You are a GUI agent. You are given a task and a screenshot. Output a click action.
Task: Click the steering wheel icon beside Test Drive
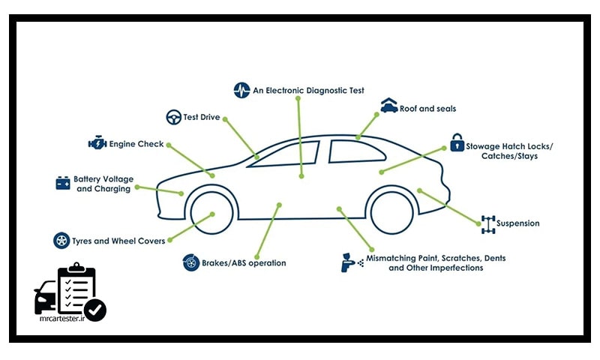173,117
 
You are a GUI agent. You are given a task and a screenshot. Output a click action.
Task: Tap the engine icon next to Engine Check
97,143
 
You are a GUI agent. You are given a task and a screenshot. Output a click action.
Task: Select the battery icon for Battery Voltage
63,183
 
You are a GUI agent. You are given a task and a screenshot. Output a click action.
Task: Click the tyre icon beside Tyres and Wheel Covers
61,241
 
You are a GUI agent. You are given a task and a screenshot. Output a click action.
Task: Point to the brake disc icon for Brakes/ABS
190,262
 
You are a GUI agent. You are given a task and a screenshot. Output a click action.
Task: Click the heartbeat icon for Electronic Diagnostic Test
241,90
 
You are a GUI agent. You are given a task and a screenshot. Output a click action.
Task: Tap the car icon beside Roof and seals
388,106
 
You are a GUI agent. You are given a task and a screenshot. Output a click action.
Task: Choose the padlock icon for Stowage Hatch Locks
456,142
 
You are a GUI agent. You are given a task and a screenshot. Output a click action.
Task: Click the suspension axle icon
489,223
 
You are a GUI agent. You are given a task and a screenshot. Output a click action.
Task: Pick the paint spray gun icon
349,261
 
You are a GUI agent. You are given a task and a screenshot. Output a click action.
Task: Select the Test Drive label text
202,118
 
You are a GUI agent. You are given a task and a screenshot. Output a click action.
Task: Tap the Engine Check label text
136,144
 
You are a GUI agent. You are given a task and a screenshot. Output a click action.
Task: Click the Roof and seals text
427,109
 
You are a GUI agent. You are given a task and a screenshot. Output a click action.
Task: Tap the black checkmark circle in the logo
95,309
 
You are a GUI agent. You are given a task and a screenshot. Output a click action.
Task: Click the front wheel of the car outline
211,214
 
